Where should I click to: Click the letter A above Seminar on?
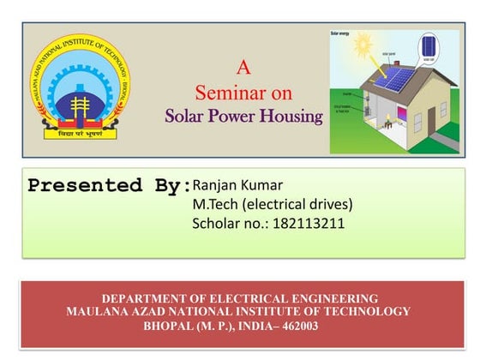pyautogui.click(x=243, y=67)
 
